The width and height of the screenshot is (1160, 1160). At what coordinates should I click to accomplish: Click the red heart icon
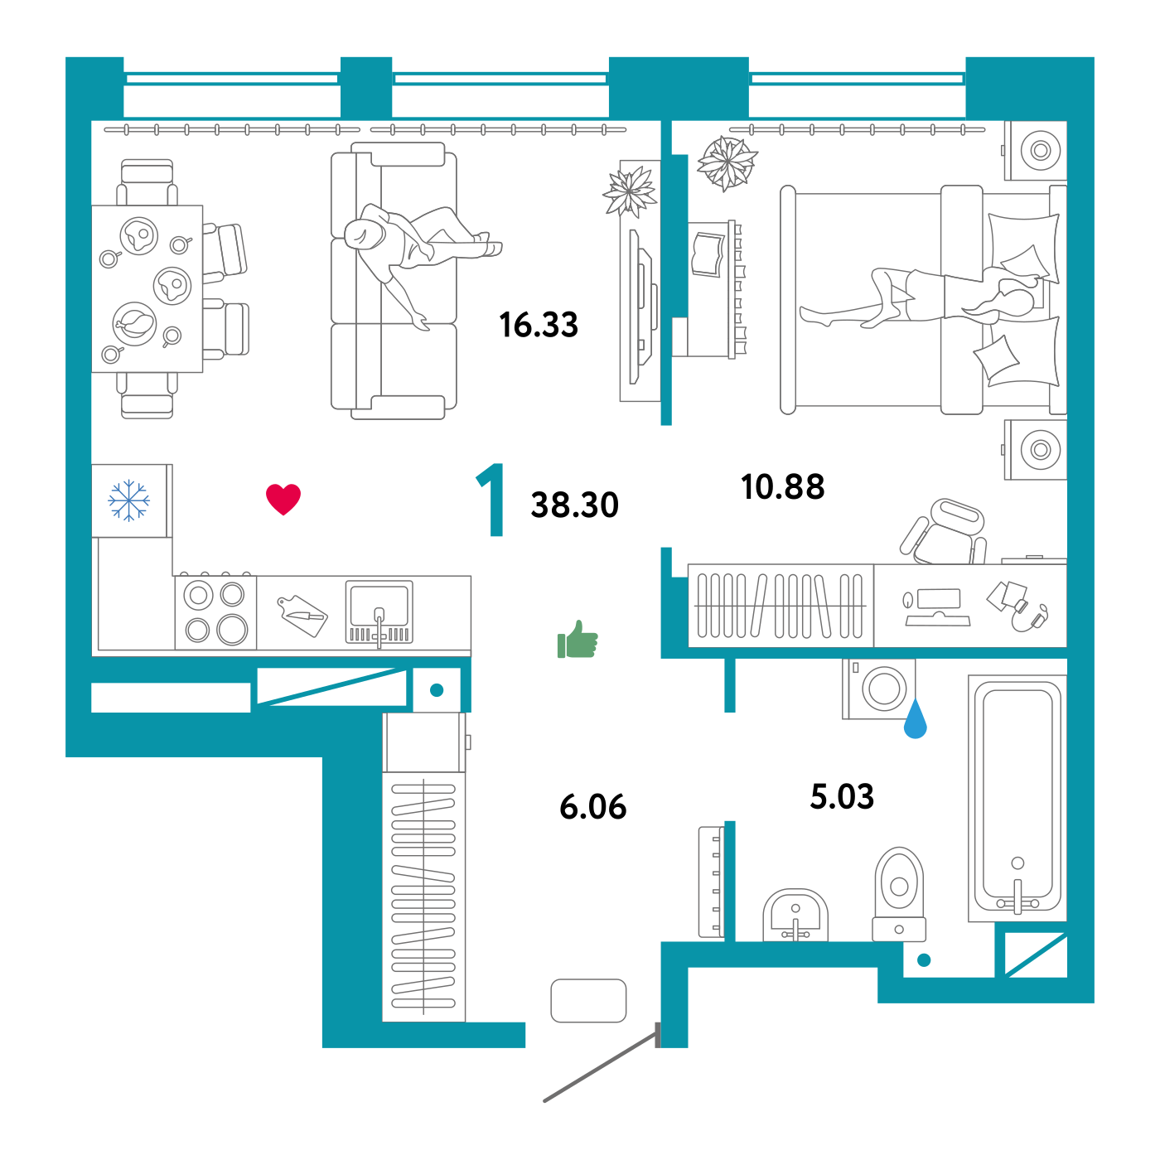(283, 499)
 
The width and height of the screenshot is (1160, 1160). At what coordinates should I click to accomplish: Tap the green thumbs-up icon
(578, 640)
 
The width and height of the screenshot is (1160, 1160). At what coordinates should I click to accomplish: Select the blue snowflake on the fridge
(129, 500)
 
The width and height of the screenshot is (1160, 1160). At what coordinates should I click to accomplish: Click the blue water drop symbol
(915, 719)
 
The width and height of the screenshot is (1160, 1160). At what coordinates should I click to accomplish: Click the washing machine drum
(883, 688)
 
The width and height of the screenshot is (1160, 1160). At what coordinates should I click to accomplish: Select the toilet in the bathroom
(899, 891)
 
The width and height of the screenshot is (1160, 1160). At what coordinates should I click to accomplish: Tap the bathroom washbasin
(795, 916)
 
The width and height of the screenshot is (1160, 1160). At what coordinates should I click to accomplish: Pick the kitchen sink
(379, 611)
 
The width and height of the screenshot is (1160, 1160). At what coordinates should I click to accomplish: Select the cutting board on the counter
(302, 615)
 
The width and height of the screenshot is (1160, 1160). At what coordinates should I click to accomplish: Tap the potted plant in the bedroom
(727, 162)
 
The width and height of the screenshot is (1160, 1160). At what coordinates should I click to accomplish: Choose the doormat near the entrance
(588, 1000)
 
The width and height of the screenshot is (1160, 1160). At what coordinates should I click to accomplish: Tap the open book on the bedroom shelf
(708, 254)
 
